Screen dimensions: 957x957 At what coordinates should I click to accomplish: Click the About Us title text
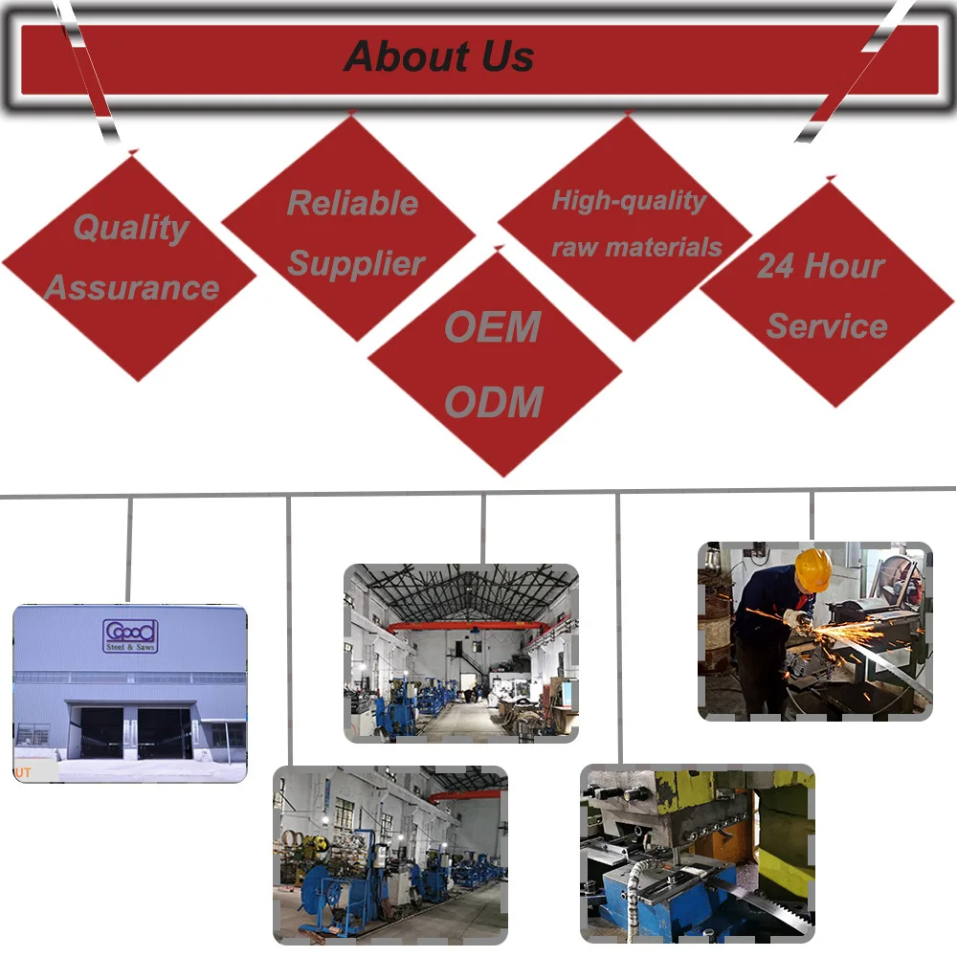439,56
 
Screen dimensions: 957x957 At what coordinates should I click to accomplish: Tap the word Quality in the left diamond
131,228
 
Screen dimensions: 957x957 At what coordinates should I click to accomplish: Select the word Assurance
132,287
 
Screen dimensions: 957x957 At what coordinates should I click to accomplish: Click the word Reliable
352,203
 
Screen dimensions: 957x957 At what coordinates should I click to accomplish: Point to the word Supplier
356,264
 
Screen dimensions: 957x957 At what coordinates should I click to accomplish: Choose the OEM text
493,327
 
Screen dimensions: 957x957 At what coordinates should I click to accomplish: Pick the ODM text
494,402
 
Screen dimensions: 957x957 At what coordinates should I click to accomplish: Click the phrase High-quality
629,201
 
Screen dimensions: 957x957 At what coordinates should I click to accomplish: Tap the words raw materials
636,248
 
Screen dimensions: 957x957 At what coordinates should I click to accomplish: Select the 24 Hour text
820,266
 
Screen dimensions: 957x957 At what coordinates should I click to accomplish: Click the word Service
827,326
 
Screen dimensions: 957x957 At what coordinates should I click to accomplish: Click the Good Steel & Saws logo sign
130,635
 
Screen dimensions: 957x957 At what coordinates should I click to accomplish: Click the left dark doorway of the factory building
100,733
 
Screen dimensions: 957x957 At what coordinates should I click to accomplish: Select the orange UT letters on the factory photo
23,771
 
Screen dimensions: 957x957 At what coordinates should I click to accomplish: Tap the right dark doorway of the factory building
165,733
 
